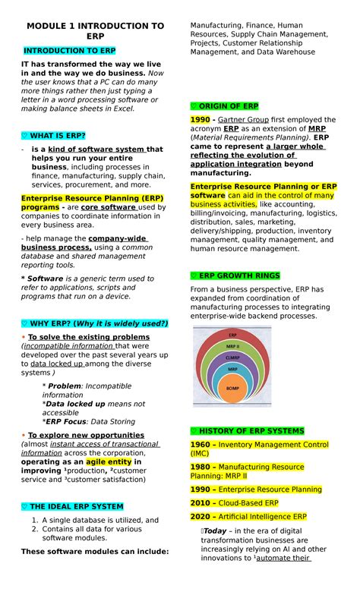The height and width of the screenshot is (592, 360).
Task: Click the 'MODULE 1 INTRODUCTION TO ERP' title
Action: (x=94, y=31)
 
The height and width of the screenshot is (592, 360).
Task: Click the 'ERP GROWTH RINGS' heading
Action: (x=235, y=276)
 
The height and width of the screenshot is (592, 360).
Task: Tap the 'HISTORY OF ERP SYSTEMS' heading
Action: (x=247, y=431)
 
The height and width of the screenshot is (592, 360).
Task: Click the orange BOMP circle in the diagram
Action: (x=232, y=388)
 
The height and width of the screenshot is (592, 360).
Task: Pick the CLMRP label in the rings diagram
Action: (x=232, y=357)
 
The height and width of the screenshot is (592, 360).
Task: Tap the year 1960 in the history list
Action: (x=201, y=445)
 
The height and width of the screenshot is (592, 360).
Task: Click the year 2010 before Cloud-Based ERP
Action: (x=201, y=503)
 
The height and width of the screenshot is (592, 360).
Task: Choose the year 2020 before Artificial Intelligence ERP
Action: (x=201, y=516)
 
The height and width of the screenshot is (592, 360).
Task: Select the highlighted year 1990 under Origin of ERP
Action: (x=200, y=120)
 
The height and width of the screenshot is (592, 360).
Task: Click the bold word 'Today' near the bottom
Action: (x=216, y=531)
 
